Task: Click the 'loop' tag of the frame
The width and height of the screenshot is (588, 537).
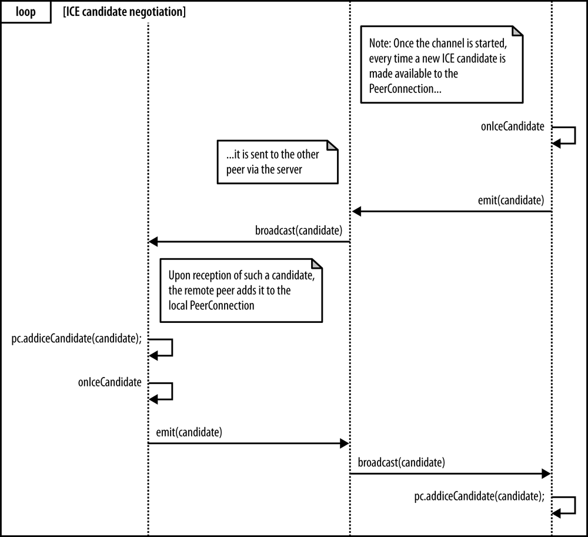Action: click(24, 12)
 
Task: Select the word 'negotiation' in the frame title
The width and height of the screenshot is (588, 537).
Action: click(158, 12)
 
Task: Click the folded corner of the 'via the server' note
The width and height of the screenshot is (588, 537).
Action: click(332, 146)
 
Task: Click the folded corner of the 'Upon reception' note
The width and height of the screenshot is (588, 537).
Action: click(316, 264)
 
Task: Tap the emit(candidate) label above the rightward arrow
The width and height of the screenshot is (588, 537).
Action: click(189, 432)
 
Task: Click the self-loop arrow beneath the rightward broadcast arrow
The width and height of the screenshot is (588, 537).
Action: click(568, 505)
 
